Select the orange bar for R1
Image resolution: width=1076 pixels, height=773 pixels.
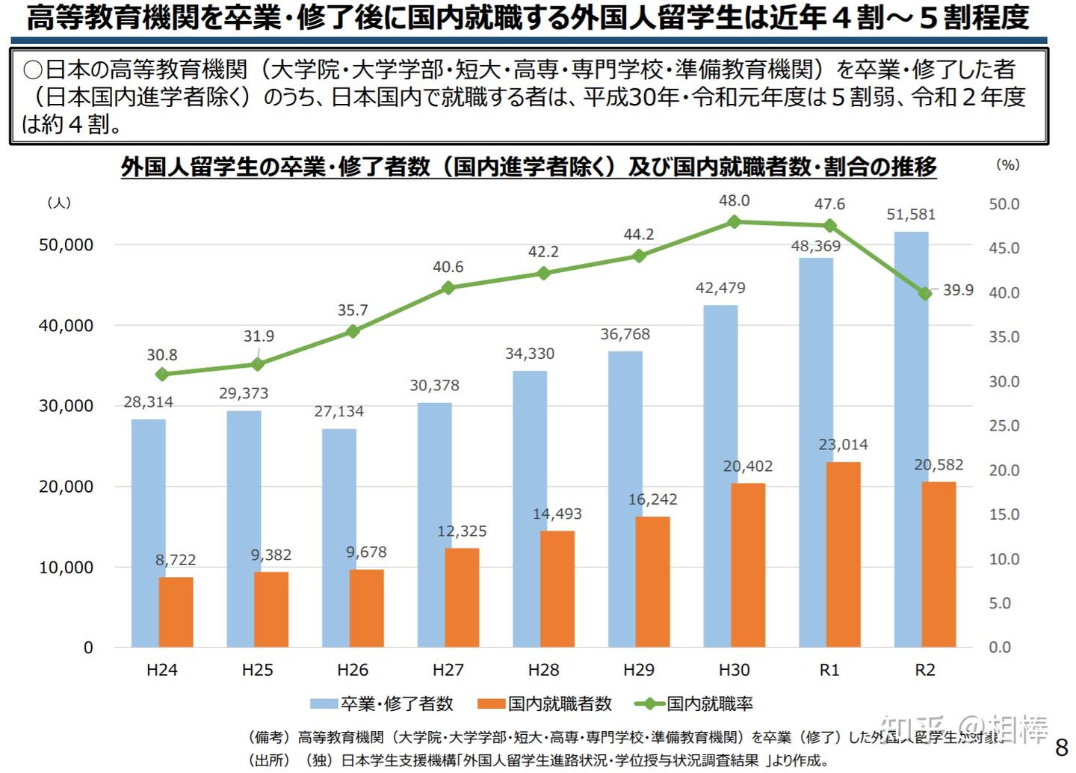click(843, 554)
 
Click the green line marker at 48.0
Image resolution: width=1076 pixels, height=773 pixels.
click(734, 222)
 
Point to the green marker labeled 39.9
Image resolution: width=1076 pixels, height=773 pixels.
click(925, 294)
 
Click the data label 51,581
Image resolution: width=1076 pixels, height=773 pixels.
click(910, 215)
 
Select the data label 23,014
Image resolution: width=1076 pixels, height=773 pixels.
click(843, 445)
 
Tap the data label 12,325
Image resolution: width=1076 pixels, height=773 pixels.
click(462, 532)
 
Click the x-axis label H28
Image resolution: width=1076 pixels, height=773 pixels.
click(543, 670)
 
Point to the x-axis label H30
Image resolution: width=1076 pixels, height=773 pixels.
click(734, 670)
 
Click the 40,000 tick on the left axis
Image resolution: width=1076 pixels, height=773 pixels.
click(66, 326)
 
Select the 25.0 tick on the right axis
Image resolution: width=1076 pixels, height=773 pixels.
click(1004, 426)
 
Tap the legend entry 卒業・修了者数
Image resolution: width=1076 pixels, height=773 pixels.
click(396, 703)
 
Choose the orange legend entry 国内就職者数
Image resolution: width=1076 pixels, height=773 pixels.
click(559, 703)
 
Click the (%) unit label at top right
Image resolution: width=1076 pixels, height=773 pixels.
click(1007, 164)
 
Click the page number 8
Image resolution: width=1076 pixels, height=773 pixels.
click(1061, 748)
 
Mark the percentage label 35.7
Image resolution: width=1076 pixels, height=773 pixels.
click(352, 310)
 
